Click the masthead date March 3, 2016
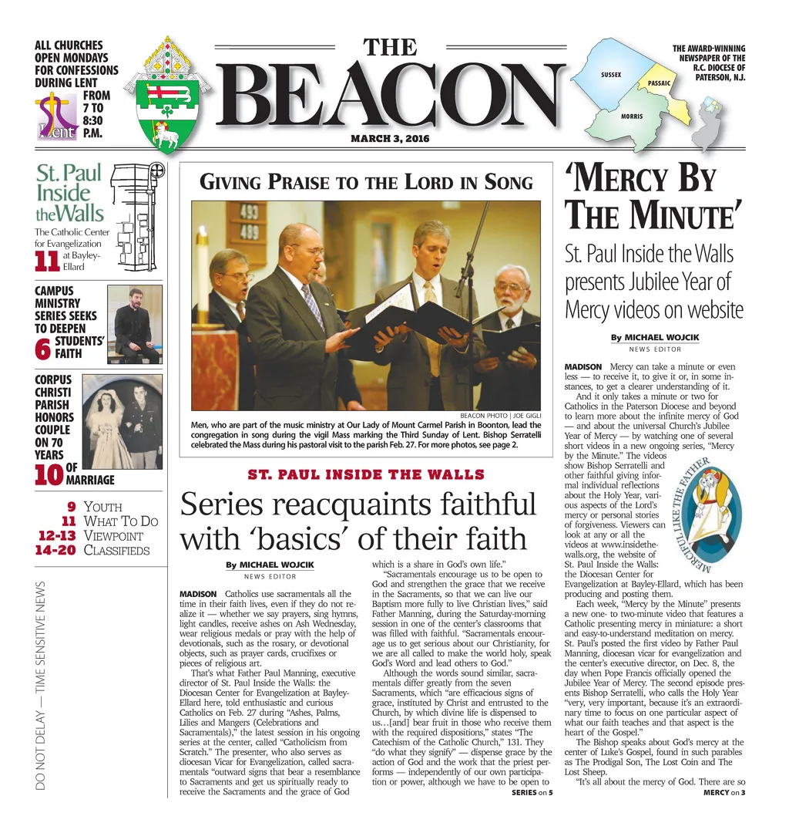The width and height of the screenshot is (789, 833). [389, 138]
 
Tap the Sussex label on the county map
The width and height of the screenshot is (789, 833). [610, 74]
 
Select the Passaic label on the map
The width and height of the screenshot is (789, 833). [659, 83]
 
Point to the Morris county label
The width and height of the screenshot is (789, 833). [631, 116]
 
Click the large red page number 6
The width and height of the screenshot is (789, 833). [43, 349]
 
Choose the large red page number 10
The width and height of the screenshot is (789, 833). [49, 474]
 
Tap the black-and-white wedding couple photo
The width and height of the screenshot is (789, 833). [122, 422]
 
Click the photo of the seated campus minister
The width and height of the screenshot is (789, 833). [135, 324]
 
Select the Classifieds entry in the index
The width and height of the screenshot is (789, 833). [116, 550]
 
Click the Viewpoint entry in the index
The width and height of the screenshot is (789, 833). [112, 535]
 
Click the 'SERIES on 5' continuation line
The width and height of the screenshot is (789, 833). [532, 793]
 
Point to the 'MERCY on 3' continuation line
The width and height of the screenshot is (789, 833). [724, 793]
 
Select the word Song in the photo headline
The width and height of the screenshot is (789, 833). [509, 183]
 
